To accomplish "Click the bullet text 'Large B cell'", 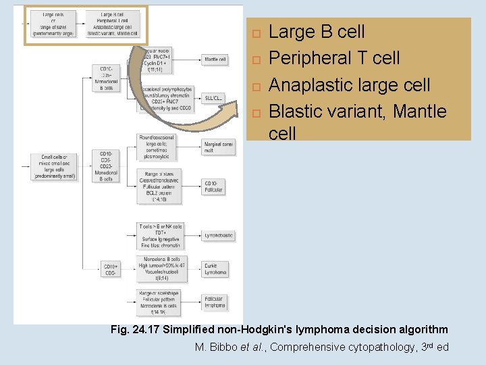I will pyautogui.click(x=317, y=32).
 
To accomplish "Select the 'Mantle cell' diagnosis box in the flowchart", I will pyautogui.click(x=215, y=60).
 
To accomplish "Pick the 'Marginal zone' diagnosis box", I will pyautogui.click(x=214, y=146).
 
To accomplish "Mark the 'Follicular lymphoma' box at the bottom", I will pyautogui.click(x=214, y=301).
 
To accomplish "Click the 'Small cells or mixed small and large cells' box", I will pyautogui.click(x=55, y=166).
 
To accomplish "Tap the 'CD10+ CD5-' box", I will pyautogui.click(x=109, y=270).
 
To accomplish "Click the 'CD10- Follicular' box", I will pyautogui.click(x=213, y=186).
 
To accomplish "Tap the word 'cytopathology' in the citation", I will pyautogui.click(x=377, y=347).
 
